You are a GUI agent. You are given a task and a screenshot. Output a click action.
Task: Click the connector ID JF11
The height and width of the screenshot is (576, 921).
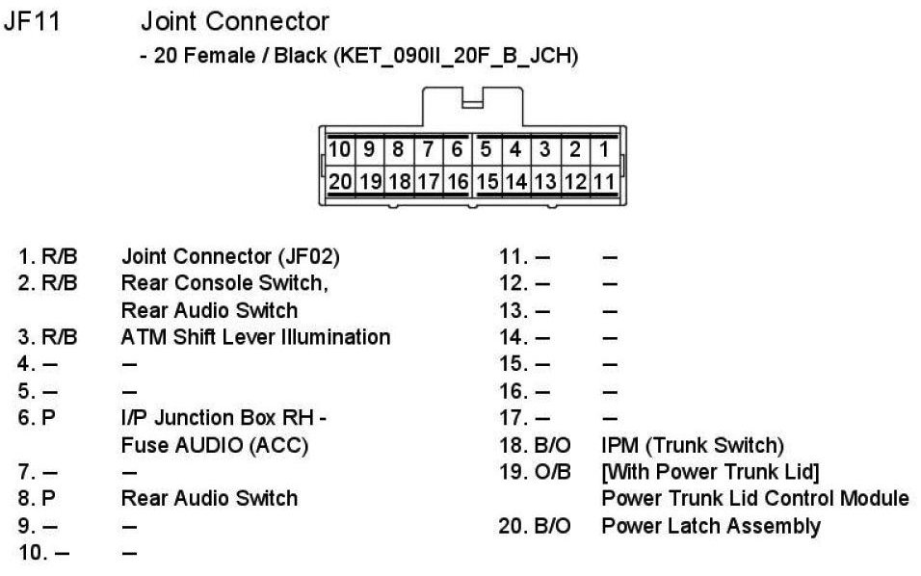32,21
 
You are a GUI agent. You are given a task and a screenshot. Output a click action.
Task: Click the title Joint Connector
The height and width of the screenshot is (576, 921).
234,21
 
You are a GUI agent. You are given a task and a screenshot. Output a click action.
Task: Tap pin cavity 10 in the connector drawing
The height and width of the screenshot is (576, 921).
340,149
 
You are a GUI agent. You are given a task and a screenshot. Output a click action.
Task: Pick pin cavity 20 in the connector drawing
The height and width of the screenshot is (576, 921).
340,180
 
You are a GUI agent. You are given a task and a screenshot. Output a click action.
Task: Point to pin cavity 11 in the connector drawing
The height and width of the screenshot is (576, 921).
604,180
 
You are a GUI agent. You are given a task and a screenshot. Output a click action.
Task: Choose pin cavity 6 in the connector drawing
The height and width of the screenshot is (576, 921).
458,149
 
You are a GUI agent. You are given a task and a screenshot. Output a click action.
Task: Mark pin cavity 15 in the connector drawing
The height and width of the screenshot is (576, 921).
487,180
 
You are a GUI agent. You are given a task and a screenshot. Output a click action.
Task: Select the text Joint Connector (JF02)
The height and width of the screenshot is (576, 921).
230,257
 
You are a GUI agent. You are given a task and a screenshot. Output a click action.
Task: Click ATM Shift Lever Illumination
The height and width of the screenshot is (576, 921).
255,337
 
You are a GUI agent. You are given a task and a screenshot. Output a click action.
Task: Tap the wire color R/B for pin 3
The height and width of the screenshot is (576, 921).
60,337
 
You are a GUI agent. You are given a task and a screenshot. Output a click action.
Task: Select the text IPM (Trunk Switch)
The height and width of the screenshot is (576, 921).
692,445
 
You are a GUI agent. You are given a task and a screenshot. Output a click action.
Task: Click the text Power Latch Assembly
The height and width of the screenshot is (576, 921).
710,526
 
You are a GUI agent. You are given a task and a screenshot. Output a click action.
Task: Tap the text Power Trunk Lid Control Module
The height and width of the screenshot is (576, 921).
754,499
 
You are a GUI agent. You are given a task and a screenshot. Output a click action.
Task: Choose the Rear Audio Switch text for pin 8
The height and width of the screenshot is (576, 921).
209,499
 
